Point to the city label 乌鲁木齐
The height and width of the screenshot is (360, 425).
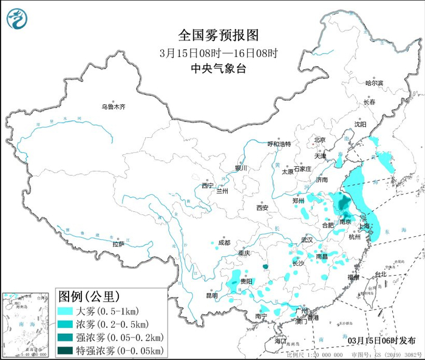113,107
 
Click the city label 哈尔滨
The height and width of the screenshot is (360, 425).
374,83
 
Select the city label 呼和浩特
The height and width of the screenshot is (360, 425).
279,144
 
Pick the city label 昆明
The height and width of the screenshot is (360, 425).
211,296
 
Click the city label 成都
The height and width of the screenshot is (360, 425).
223,243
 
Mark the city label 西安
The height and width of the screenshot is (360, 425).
262,208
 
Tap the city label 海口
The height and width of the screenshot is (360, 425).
280,341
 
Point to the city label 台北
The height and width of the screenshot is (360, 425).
380,274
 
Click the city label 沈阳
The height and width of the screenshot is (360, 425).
361,124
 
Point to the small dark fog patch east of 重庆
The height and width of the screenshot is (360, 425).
265,265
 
